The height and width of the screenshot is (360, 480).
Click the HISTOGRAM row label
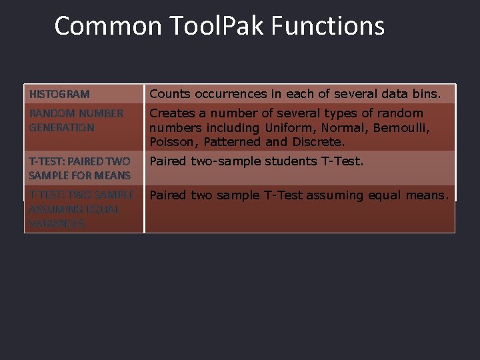point(59,95)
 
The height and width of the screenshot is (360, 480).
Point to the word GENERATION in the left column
point(61,127)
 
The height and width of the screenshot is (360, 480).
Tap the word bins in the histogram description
point(426,94)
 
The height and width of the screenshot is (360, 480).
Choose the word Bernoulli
point(401,127)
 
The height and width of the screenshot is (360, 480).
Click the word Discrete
point(319,142)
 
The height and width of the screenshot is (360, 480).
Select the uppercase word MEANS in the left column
point(113,175)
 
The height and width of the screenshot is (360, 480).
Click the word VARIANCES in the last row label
point(57,224)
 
